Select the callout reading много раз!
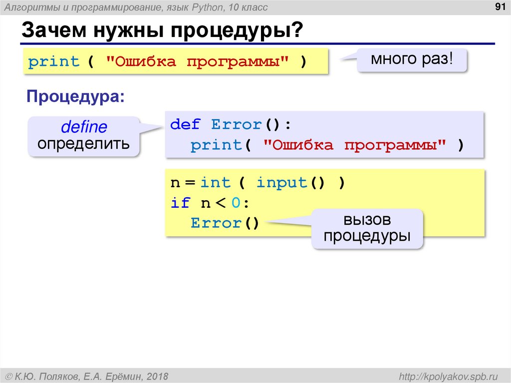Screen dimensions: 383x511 (412, 60)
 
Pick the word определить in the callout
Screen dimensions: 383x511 (83, 144)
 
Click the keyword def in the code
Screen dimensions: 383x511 (185, 124)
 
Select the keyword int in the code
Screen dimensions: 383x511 (216, 183)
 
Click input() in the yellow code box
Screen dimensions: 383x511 (289, 183)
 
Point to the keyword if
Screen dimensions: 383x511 (180, 203)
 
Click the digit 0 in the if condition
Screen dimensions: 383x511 (236, 203)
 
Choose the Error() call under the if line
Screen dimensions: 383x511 (225, 223)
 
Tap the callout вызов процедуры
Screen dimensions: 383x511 (367, 229)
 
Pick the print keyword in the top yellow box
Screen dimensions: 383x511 (53, 62)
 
